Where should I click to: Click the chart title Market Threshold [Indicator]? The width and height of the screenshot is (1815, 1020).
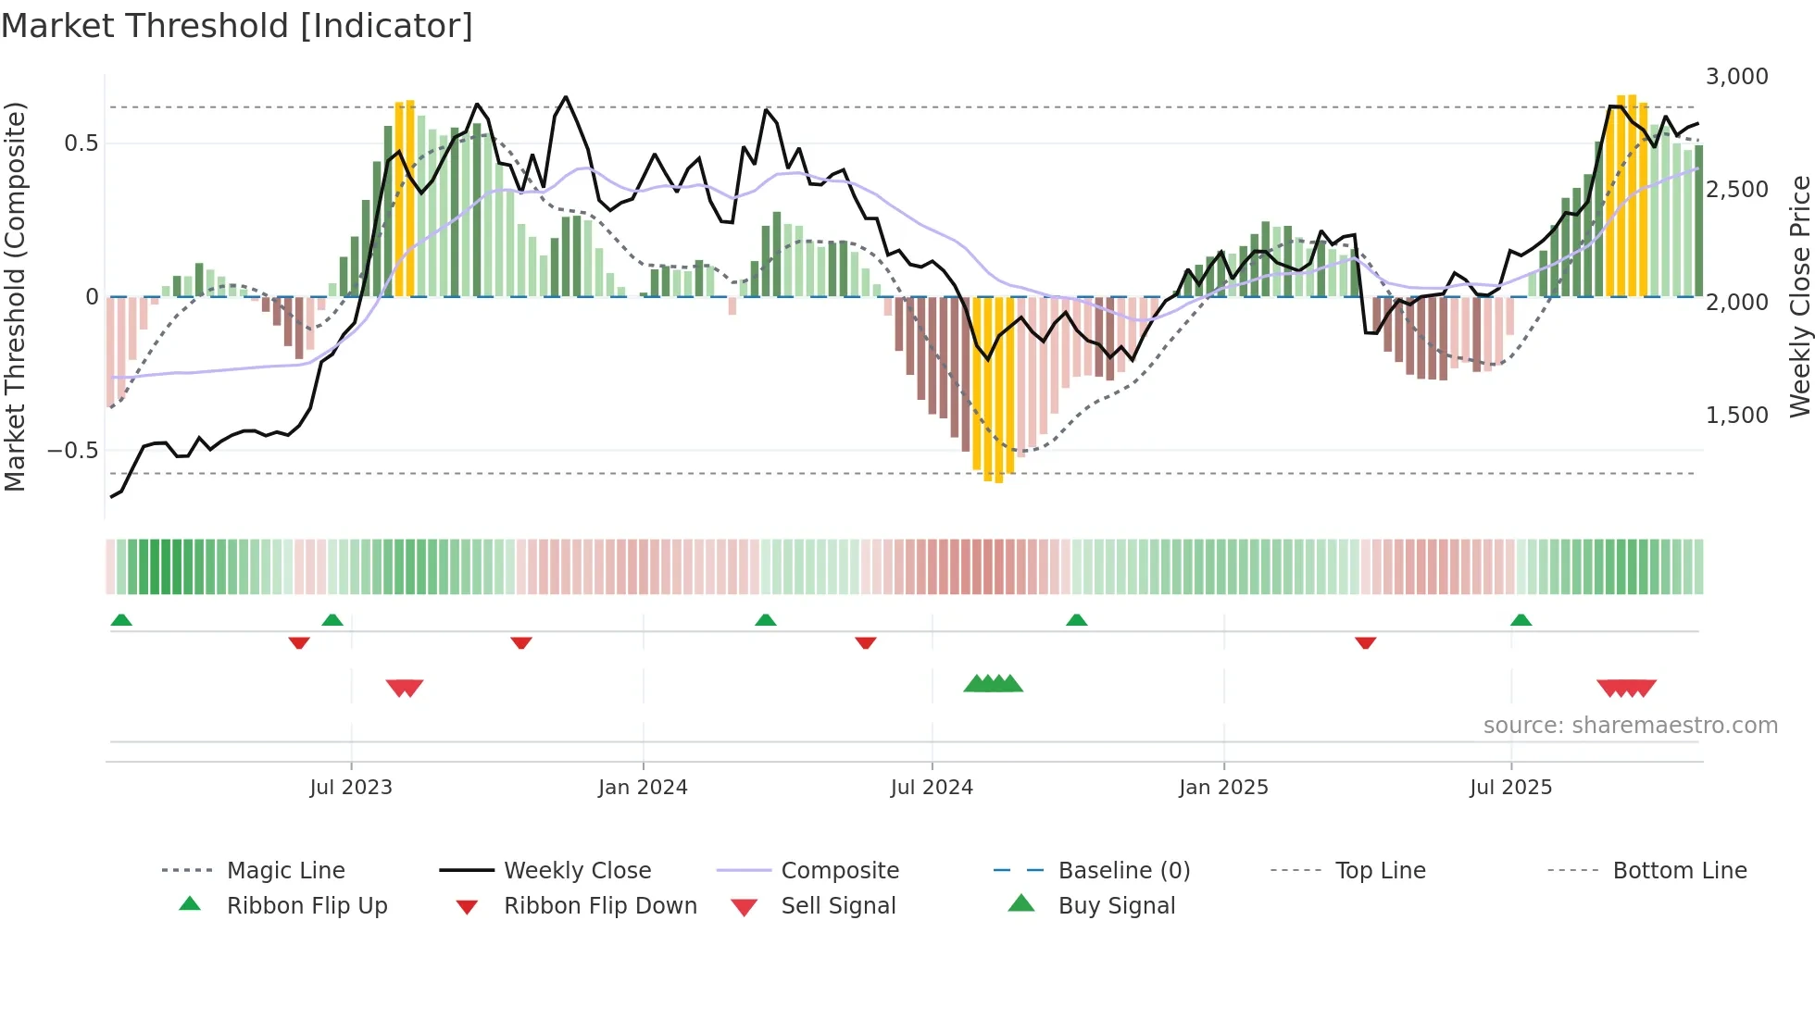pos(237,26)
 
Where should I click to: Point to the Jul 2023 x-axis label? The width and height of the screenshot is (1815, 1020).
pos(351,787)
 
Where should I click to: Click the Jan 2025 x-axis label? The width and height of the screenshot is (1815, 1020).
pos(1223,787)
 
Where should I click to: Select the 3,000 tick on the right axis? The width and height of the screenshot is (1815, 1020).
pos(1736,76)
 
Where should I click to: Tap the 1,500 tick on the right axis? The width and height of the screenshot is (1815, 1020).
pos(1736,415)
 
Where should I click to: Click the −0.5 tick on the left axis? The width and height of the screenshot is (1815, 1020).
pos(73,451)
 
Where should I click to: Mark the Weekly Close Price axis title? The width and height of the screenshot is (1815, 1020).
pos(1799,296)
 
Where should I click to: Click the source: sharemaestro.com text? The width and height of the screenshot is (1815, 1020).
pos(1630,725)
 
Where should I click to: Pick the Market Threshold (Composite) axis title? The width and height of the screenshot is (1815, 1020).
pos(15,296)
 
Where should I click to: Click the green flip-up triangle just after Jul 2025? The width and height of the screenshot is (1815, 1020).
pos(1521,620)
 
